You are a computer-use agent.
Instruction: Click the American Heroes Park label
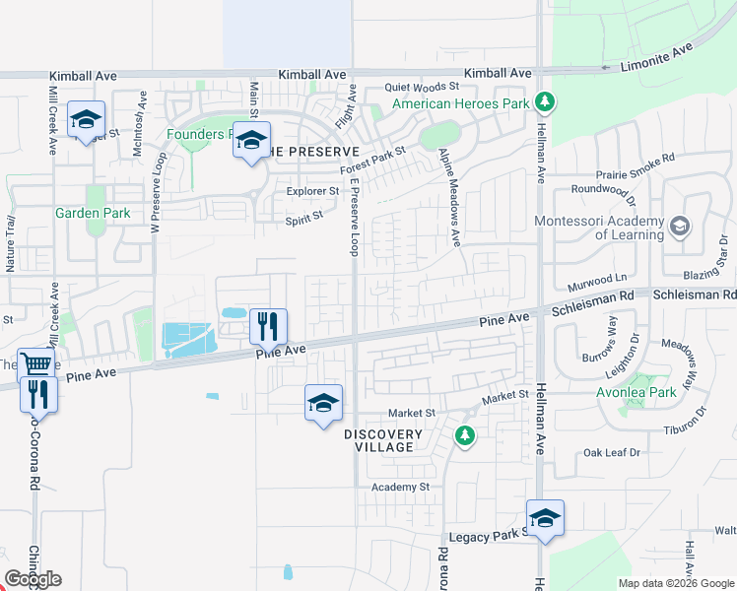(458, 103)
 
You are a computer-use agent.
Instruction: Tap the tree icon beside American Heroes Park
(543, 101)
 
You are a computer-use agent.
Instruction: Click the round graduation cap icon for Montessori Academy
(679, 228)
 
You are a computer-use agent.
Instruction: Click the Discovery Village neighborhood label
(383, 440)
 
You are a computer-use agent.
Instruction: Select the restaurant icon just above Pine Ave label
(267, 324)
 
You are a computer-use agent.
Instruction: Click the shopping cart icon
(35, 364)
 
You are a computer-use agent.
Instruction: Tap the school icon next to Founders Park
(251, 140)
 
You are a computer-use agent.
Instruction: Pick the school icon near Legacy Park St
(545, 517)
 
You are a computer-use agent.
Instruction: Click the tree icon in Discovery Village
(464, 434)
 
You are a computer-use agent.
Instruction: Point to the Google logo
(33, 579)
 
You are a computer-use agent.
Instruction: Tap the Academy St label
(400, 487)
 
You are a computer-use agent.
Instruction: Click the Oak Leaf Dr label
(611, 452)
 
